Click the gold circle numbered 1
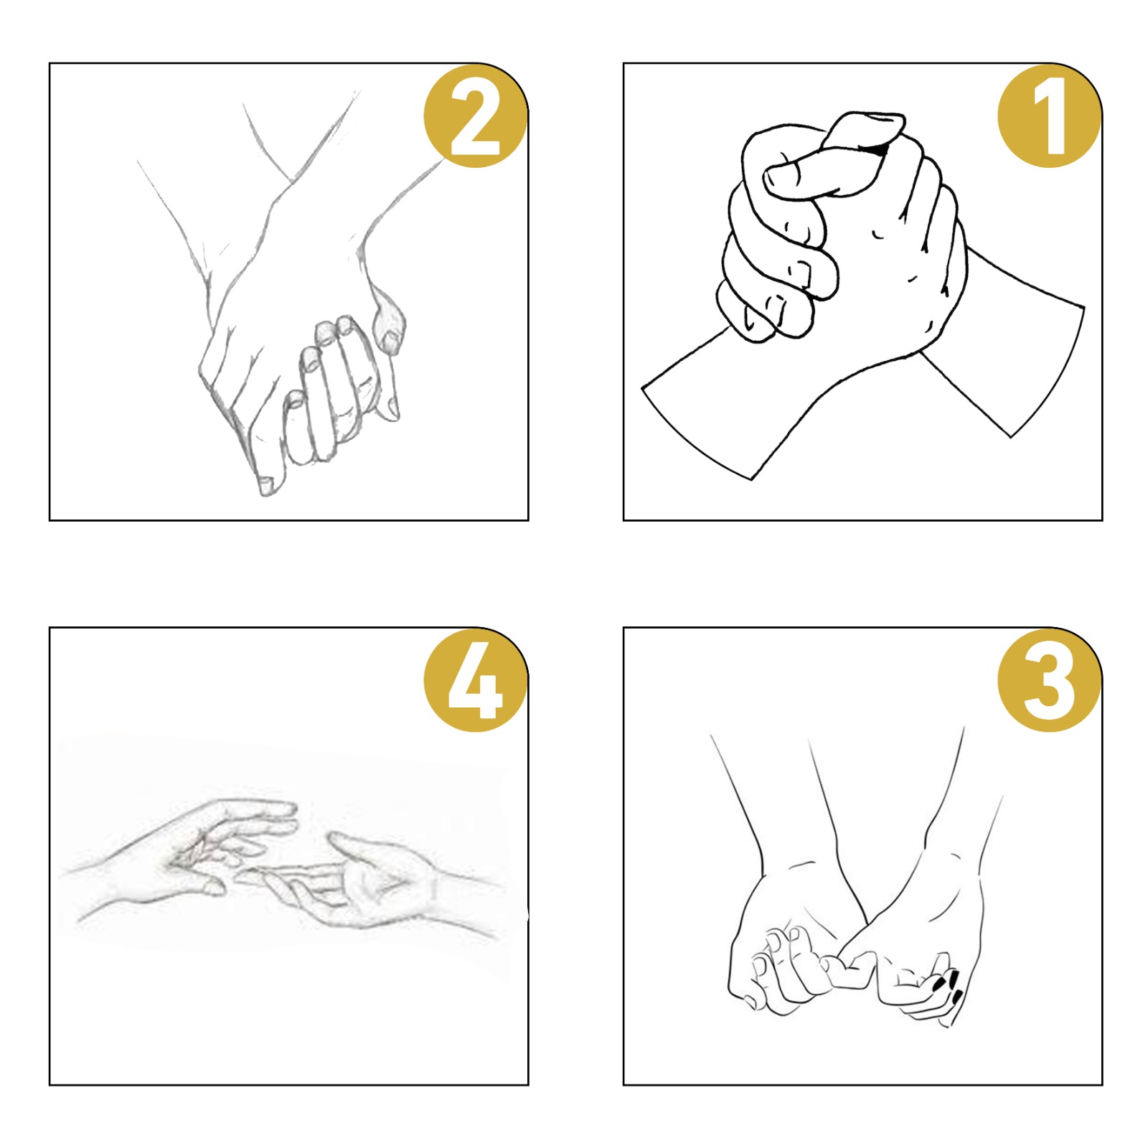tap(1049, 116)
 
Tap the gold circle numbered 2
tap(475, 116)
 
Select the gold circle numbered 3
tap(1049, 680)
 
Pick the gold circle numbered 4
tap(475, 680)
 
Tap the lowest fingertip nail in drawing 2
tap(266, 485)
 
